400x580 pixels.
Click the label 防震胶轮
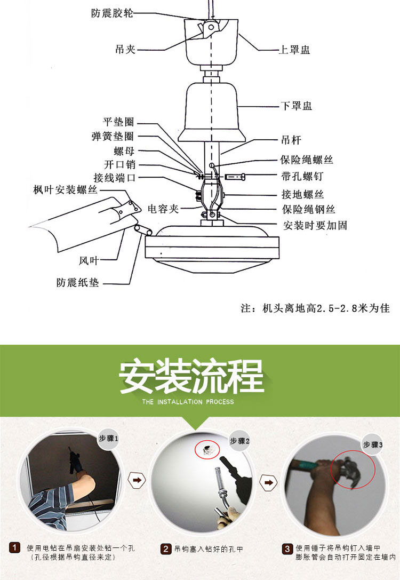tap(112, 13)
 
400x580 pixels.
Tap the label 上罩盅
tap(294, 50)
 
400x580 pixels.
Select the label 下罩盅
tap(297, 106)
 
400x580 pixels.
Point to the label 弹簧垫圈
tap(113, 136)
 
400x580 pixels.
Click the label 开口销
tap(120, 164)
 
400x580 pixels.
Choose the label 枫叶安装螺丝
tap(66, 190)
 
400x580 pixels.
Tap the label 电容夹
tap(163, 209)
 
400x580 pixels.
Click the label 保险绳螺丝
tap(307, 160)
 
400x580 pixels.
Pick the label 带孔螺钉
tap(302, 177)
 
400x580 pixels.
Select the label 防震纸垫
tap(78, 283)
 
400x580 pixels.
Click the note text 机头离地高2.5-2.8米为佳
tap(326, 308)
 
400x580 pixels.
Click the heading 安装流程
tap(191, 377)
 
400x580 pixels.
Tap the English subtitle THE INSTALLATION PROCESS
tap(188, 402)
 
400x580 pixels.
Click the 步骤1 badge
tap(108, 439)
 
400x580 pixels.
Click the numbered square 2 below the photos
tap(166, 549)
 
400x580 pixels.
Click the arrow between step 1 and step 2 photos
tap(137, 480)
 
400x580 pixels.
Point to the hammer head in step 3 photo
tap(351, 472)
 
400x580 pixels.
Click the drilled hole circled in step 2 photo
tap(207, 449)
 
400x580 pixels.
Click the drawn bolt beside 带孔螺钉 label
tap(235, 177)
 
